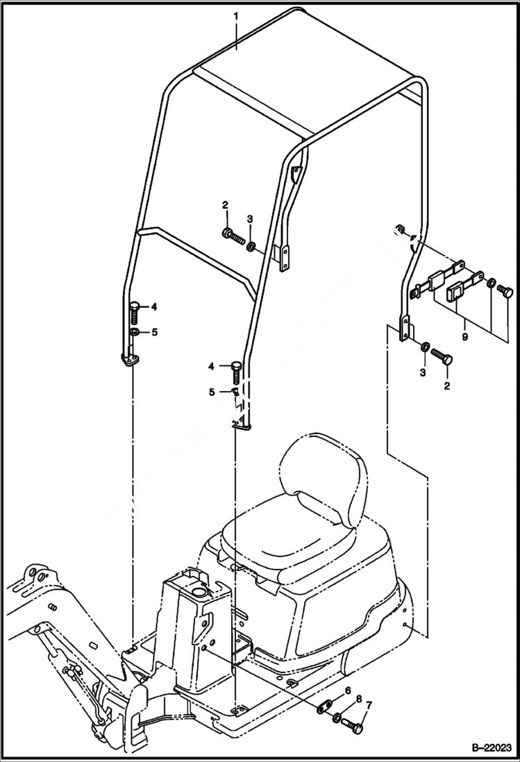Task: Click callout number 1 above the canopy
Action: (x=235, y=15)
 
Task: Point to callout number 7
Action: (x=369, y=706)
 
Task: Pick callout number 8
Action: (x=358, y=698)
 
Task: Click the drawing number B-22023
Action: (x=485, y=749)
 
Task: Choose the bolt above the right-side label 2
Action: (x=442, y=359)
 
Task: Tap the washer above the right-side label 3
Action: (x=424, y=346)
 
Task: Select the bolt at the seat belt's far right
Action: (x=506, y=292)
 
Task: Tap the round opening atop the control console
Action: (x=199, y=591)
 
